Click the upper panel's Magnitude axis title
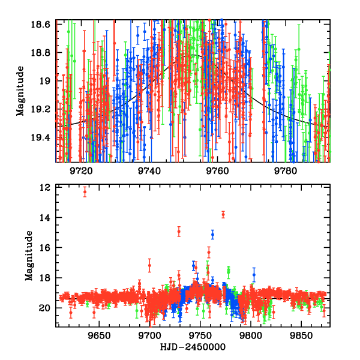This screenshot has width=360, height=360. (x=20, y=91)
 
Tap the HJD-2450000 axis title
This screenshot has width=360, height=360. (x=191, y=347)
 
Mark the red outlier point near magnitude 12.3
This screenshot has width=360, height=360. (x=85, y=191)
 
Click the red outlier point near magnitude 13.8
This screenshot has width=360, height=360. (x=223, y=214)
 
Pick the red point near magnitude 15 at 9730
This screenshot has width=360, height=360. (x=179, y=231)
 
